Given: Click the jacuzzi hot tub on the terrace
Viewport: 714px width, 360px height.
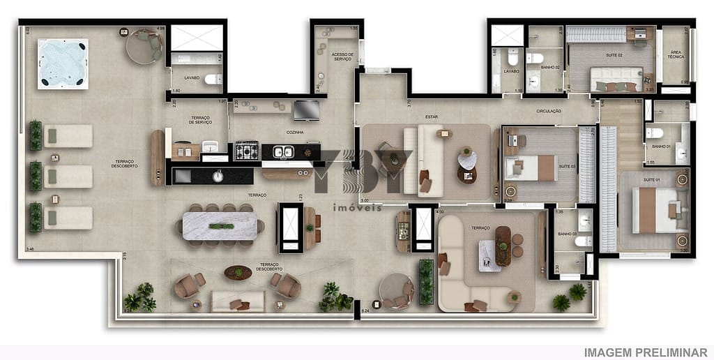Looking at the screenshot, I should (63, 63).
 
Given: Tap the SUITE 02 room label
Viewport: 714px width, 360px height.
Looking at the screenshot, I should (610, 54).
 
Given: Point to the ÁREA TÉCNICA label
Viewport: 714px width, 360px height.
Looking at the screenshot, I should (676, 54).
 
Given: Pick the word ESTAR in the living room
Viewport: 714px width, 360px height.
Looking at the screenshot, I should (432, 117).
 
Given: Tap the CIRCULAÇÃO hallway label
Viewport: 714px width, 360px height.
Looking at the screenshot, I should (549, 110).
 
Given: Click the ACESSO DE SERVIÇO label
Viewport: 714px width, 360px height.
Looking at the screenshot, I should (342, 56).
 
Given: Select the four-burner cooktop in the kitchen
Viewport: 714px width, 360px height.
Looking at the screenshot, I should (245, 150).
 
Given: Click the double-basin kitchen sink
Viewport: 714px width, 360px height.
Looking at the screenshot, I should (282, 151).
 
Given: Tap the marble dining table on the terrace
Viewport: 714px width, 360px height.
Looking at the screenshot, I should (220, 225).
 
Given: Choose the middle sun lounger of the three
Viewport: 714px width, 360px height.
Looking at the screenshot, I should (68, 177).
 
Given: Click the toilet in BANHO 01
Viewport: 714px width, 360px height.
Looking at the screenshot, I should (654, 133).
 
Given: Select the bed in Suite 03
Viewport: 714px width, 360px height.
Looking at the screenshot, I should (532, 167).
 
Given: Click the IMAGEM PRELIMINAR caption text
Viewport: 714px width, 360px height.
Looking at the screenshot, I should (645, 352).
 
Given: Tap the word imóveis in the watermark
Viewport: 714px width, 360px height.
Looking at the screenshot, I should (356, 207).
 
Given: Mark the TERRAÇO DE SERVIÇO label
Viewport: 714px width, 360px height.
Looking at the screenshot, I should (201, 121).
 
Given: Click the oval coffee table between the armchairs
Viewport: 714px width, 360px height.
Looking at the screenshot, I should (238, 272).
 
